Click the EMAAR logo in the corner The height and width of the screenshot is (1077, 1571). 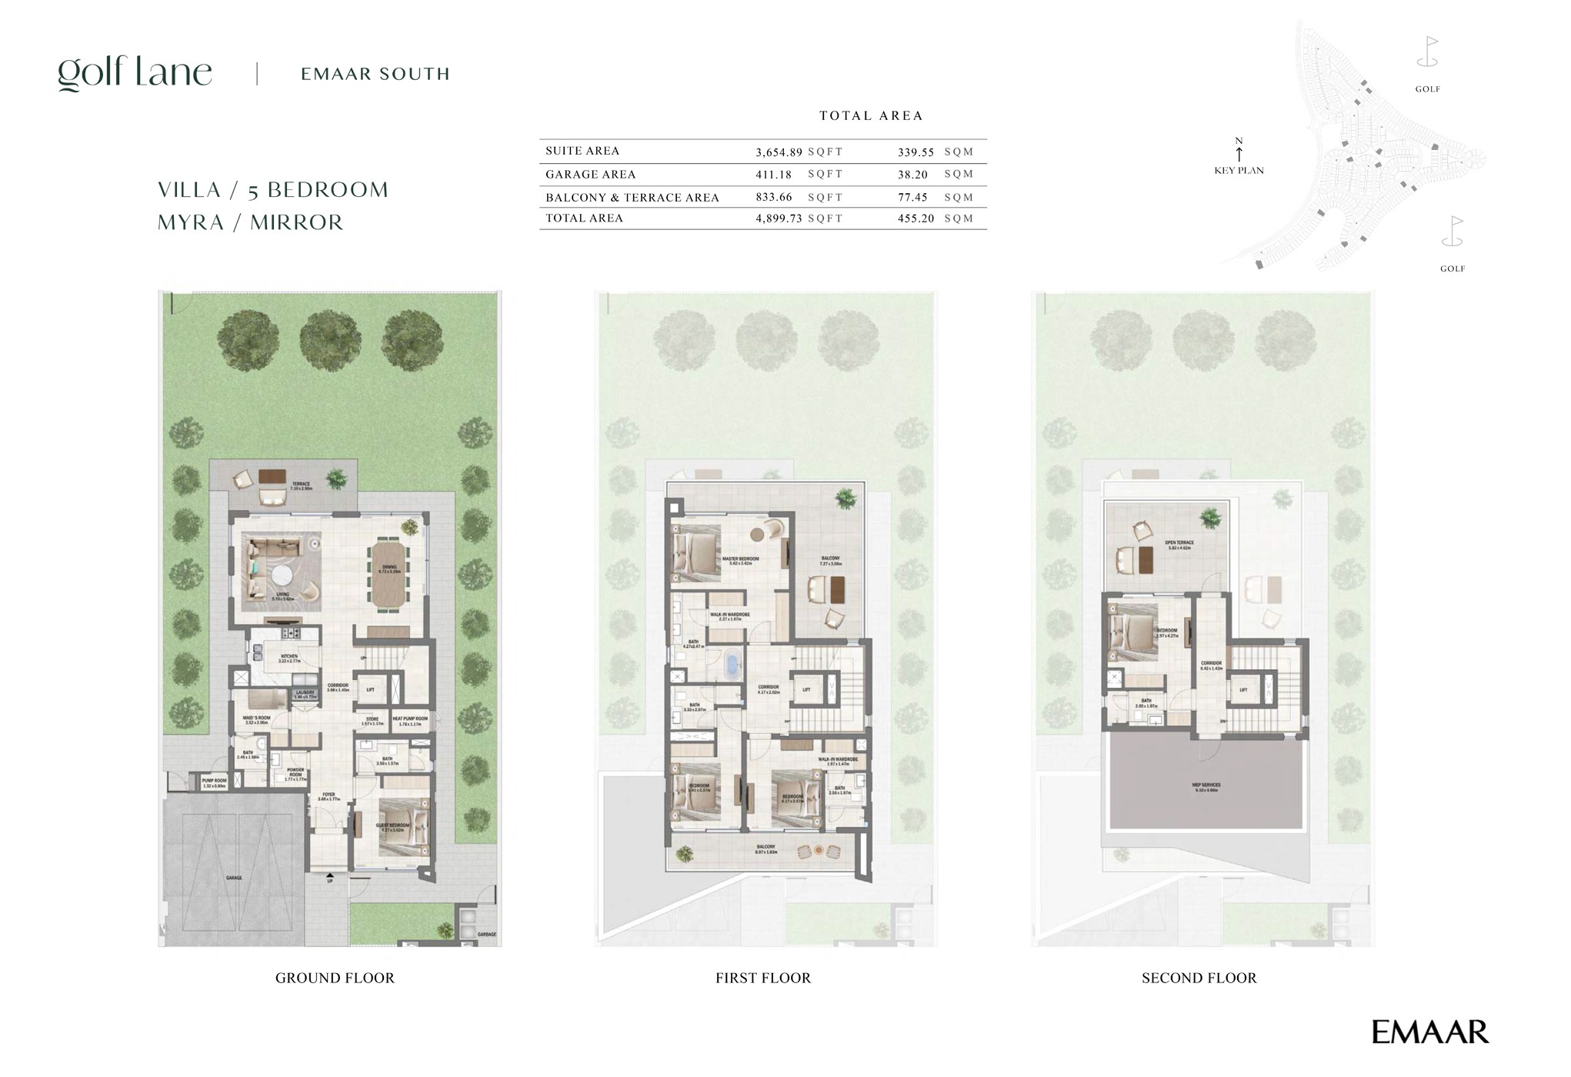pos(1429,1032)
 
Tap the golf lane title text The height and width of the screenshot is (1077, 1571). pos(135,74)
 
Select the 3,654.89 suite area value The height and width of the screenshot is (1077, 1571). pos(779,152)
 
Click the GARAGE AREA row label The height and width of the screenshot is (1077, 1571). pos(590,175)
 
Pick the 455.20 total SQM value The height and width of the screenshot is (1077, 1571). pos(916,218)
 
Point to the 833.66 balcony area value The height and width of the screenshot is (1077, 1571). pos(774,197)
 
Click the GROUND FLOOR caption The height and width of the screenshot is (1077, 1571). pos(335,978)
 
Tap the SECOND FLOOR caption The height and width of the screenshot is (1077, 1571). pos(1199,978)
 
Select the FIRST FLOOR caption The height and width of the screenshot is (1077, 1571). pos(762,978)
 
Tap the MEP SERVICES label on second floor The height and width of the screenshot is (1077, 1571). pos(1206,786)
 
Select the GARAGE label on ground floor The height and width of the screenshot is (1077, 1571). pos(234,878)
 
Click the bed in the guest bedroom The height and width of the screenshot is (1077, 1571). pos(401,827)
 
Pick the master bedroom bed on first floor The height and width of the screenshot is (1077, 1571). pos(694,552)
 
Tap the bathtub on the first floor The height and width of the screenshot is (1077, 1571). pos(731,664)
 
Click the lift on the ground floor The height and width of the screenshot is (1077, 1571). pos(370,690)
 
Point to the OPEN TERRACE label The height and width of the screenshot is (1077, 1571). pos(1179,543)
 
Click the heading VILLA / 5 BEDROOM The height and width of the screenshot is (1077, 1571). pos(273,190)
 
